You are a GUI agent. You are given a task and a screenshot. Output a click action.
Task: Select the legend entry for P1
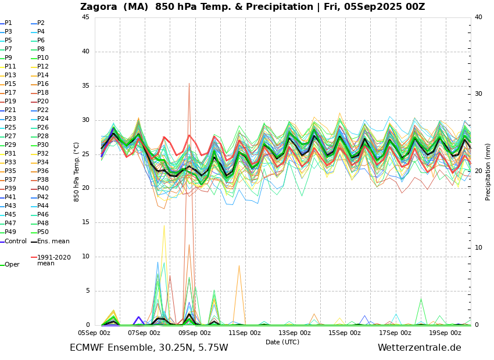[x=8, y=23]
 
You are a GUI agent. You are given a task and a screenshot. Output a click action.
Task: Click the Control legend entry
[x=16, y=242]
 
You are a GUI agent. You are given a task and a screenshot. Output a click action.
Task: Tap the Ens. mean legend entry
[x=53, y=242]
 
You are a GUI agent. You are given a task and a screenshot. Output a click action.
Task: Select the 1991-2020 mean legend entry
[x=53, y=260]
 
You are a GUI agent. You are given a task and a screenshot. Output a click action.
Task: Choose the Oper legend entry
[x=12, y=265]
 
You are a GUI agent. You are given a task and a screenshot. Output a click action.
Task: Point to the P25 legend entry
[x=10, y=128]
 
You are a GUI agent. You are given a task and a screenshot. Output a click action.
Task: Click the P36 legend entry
[x=43, y=171]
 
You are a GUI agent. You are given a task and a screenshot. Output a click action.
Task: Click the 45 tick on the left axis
[x=85, y=17]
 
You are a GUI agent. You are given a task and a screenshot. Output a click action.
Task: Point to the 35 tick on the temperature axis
[x=85, y=85]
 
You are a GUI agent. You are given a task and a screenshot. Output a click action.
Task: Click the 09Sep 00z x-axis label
[x=194, y=333]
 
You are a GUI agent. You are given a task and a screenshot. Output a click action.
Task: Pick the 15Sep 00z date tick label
[x=345, y=333]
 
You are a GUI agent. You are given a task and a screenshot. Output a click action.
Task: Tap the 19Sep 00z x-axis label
[x=445, y=333]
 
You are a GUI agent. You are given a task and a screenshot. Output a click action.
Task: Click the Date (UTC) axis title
[x=282, y=342]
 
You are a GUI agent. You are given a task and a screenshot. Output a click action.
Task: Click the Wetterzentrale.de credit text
[x=419, y=348]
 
